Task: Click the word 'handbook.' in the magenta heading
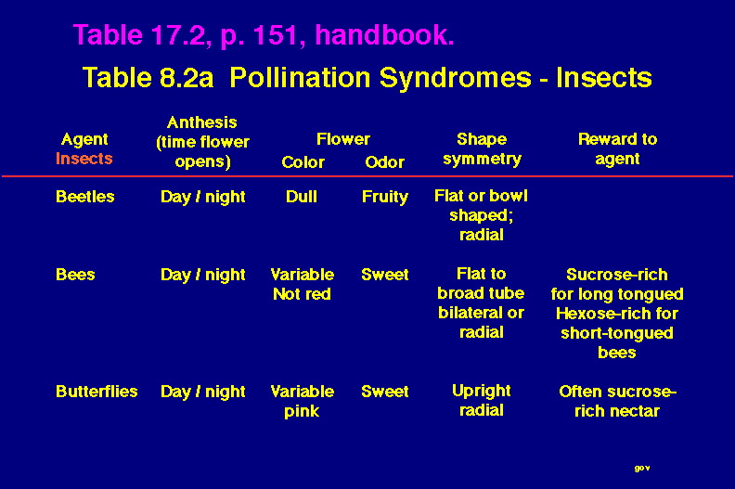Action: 384,34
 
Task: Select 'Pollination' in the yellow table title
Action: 300,77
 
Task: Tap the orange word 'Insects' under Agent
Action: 84,159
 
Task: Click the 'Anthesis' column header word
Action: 202,122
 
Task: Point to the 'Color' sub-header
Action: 303,162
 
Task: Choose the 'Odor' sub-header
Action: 384,162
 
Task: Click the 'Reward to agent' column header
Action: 617,148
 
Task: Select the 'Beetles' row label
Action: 84,197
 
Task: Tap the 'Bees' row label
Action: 75,275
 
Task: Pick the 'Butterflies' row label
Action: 97,392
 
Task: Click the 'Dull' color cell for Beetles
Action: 302,197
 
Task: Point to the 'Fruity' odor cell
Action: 385,198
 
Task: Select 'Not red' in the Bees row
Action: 302,294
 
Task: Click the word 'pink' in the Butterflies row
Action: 302,412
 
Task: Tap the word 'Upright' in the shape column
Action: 482,392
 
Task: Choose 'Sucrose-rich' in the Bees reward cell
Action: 617,275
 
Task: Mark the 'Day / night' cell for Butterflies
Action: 202,392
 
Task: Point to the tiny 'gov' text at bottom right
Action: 642,468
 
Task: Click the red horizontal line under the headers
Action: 367,176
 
